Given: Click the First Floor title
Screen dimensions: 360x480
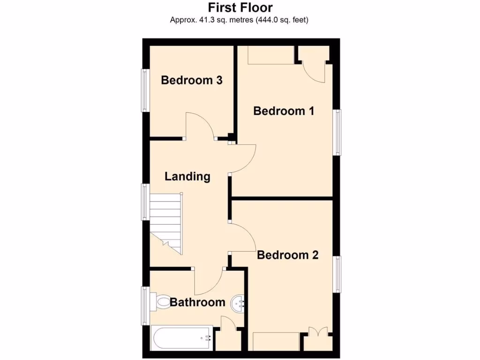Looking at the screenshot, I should click(x=240, y=7).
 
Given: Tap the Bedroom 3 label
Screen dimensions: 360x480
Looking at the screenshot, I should click(x=191, y=80).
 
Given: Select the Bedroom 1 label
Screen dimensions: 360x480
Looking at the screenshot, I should click(x=284, y=111).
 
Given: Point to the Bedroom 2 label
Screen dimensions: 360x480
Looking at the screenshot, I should click(x=288, y=255).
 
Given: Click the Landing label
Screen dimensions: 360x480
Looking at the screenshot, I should click(x=187, y=177).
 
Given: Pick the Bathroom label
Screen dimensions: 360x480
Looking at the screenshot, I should click(x=197, y=302).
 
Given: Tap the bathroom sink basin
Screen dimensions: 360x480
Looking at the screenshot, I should click(x=238, y=304).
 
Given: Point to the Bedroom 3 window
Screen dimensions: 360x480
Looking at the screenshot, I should click(x=145, y=90).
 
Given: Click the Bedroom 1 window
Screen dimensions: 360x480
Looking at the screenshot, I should click(x=337, y=132).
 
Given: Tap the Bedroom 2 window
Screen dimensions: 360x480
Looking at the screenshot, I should click(x=337, y=274).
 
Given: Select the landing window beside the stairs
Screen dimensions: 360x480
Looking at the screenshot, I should click(x=145, y=202).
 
